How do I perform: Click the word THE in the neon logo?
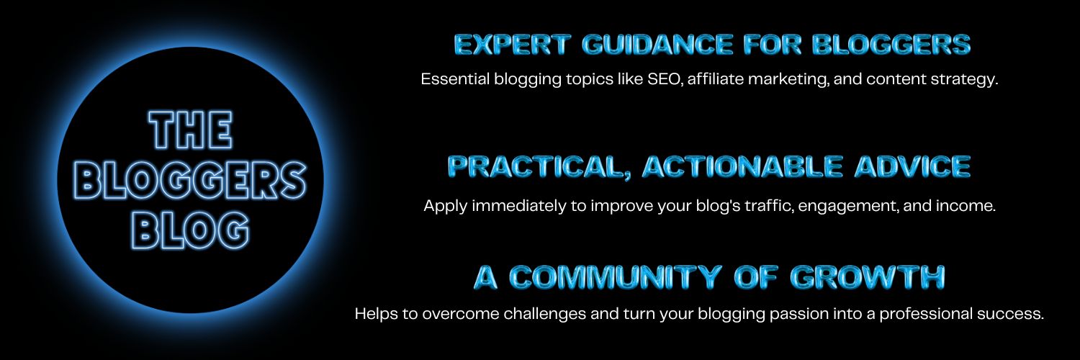pos(191,130)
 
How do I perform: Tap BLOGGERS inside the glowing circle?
pos(191,180)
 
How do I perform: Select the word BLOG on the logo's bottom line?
pos(191,230)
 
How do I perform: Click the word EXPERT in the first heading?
pos(513,45)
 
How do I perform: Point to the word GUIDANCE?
pos(657,45)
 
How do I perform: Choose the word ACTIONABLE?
pos(742,166)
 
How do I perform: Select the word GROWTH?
pos(868,277)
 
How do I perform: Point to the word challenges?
pos(545,315)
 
